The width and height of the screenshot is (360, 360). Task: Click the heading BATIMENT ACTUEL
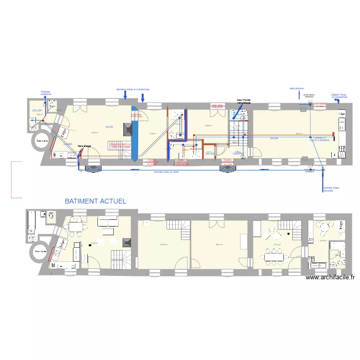tap(96, 202)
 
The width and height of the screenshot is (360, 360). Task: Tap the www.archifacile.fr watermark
tap(331, 277)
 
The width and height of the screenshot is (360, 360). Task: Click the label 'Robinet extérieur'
tap(46, 93)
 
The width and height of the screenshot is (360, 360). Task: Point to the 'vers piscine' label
tap(296, 88)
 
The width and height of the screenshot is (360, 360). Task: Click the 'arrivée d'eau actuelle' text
tap(331, 189)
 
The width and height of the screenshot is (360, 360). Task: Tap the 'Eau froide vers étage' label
tap(243, 101)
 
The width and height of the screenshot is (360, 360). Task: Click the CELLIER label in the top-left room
tap(37, 111)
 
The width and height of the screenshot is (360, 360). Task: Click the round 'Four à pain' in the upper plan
tap(42, 142)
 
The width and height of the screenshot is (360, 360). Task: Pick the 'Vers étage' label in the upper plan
tap(85, 145)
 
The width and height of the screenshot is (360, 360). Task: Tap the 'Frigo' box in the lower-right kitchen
tap(335, 247)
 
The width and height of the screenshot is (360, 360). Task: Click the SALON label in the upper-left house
tap(109, 127)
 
